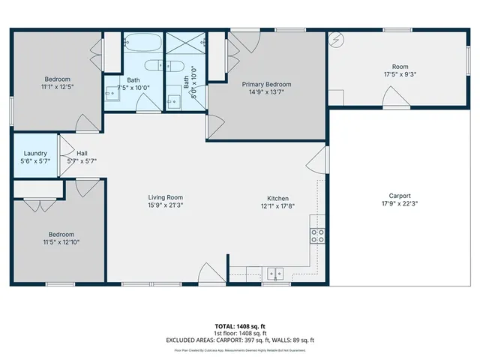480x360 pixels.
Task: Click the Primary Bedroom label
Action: (266, 85)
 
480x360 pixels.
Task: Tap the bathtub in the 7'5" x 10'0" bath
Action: (142, 42)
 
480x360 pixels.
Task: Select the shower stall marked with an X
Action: (184, 42)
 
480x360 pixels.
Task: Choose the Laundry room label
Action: (35, 153)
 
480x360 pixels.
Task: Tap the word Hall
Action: (82, 153)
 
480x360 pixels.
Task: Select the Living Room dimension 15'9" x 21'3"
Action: (164, 205)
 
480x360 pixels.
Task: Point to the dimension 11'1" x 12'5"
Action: (57, 87)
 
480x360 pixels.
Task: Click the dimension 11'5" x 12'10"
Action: (61, 242)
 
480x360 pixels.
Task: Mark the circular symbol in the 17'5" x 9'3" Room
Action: (337, 40)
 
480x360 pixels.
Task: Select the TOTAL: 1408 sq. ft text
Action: (239, 327)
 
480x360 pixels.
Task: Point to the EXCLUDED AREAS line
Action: (239, 340)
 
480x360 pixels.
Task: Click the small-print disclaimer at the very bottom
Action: (239, 349)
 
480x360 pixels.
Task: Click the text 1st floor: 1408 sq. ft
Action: (239, 334)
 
